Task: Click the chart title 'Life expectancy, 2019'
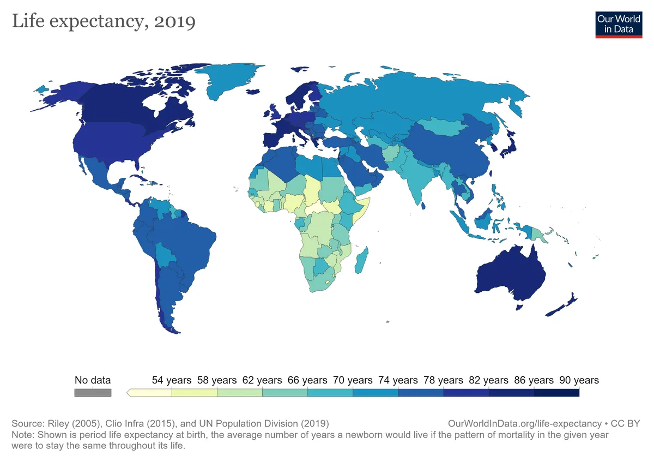pyautogui.click(x=104, y=22)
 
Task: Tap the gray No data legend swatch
pyautogui.click(x=93, y=393)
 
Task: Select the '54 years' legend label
pyautogui.click(x=172, y=380)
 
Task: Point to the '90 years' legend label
pyautogui.click(x=579, y=380)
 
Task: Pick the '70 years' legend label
pyautogui.click(x=353, y=380)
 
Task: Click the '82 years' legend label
pyautogui.click(x=488, y=380)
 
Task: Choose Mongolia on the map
pyautogui.click(x=441, y=128)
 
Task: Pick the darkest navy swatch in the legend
pyautogui.click(x=556, y=393)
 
